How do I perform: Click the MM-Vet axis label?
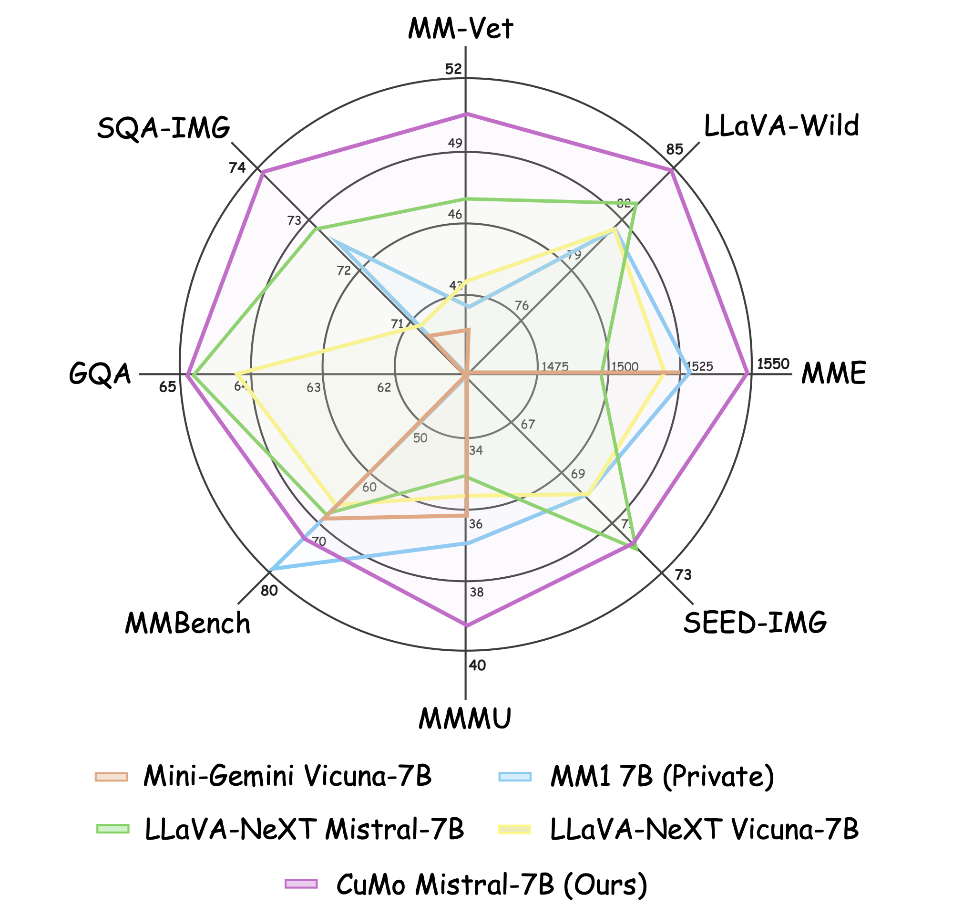tap(461, 29)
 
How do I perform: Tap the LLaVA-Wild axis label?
tap(781, 126)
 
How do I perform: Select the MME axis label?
tap(834, 374)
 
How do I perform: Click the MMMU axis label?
tap(465, 719)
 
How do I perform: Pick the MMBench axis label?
tap(188, 624)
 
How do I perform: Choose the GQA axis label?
tap(100, 374)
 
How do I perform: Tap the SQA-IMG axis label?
tap(164, 129)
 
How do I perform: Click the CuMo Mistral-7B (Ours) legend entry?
tap(492, 883)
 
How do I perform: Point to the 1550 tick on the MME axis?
tap(773, 364)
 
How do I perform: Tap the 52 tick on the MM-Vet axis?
tap(453, 69)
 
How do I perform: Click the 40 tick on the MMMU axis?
tap(477, 666)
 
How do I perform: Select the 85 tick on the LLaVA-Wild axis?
tap(675, 149)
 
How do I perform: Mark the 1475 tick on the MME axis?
tap(555, 366)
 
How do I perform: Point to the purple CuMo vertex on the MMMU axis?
tap(466, 625)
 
